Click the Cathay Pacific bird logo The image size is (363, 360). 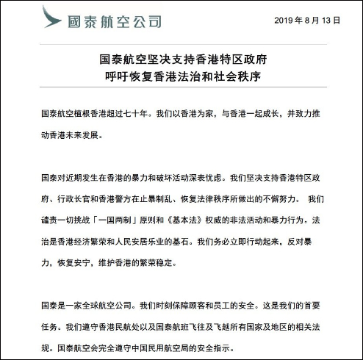[51, 18]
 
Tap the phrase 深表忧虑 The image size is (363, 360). [208, 178]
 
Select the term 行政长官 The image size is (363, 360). [73, 199]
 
